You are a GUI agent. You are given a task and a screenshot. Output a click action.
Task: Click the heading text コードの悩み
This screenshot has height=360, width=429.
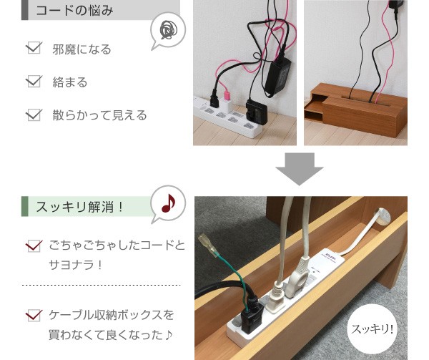click(x=74, y=11)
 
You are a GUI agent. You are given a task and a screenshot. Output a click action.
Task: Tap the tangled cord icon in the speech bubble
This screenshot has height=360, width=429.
click(x=169, y=29)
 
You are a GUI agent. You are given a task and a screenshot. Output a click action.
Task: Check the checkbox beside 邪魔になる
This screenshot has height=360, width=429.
click(x=34, y=48)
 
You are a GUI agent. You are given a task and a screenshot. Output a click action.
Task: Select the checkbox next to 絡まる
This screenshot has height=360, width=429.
click(x=34, y=82)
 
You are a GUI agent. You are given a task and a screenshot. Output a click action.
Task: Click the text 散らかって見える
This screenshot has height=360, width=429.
click(x=99, y=115)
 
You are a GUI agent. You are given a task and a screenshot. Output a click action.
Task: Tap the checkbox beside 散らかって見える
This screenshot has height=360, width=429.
click(x=34, y=115)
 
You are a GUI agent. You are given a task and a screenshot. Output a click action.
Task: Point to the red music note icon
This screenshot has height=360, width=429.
click(x=168, y=203)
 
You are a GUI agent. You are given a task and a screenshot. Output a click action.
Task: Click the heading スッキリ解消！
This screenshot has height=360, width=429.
click(x=80, y=207)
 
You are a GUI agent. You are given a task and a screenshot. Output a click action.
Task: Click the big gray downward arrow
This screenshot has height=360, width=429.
click(x=300, y=169)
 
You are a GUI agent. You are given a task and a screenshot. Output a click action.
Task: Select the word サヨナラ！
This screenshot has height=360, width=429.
click(x=76, y=265)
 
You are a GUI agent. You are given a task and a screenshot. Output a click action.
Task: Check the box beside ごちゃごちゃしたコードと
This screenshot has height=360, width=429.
click(x=34, y=245)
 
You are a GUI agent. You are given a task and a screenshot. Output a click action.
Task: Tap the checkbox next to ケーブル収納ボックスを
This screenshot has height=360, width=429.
click(x=34, y=316)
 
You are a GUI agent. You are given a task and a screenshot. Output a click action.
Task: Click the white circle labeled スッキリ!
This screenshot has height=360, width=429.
click(x=372, y=329)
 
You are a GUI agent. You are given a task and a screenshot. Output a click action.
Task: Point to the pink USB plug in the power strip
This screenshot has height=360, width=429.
click(x=227, y=95)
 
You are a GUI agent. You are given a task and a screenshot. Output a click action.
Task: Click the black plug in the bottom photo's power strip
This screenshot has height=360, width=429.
click(x=252, y=314)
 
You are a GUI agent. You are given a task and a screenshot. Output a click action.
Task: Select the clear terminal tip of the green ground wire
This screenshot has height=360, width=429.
click(x=208, y=245)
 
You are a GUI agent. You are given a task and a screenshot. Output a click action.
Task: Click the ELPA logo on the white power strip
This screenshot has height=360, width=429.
click(x=331, y=250)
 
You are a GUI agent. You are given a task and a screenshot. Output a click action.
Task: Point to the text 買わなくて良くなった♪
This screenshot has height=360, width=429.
click(x=111, y=335)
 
